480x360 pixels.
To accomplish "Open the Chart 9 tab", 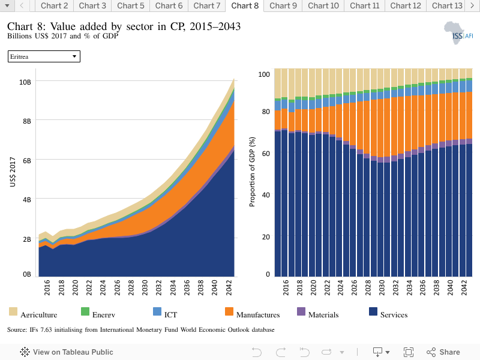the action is coord(283,6).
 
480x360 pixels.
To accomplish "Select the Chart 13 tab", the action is coord(447,6).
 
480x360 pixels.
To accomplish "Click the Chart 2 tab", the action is coord(54,6).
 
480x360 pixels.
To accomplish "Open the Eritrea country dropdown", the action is coord(44,56).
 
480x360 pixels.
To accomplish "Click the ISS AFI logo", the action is coord(458,33).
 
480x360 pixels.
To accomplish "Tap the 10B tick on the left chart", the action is coord(25,82).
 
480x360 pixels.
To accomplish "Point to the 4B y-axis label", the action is coord(26,200).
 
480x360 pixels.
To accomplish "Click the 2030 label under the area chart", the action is coord(145,287).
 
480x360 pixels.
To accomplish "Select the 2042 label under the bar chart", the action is coord(464,287).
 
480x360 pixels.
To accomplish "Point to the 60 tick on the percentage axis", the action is coord(266,153).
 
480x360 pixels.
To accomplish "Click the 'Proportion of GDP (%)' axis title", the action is coord(252,172).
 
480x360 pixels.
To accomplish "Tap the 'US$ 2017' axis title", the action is coord(13,172).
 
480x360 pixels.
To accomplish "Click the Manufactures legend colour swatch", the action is coord(229,311).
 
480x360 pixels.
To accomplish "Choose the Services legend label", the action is coord(394,314).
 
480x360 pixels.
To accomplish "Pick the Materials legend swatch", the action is coord(301,311).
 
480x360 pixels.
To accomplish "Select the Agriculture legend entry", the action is coord(33,313).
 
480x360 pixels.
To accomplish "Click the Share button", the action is coord(443,352).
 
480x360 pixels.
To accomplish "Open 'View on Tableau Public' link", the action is coord(67,352).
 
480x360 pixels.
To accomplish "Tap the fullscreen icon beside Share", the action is coord(409,352).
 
